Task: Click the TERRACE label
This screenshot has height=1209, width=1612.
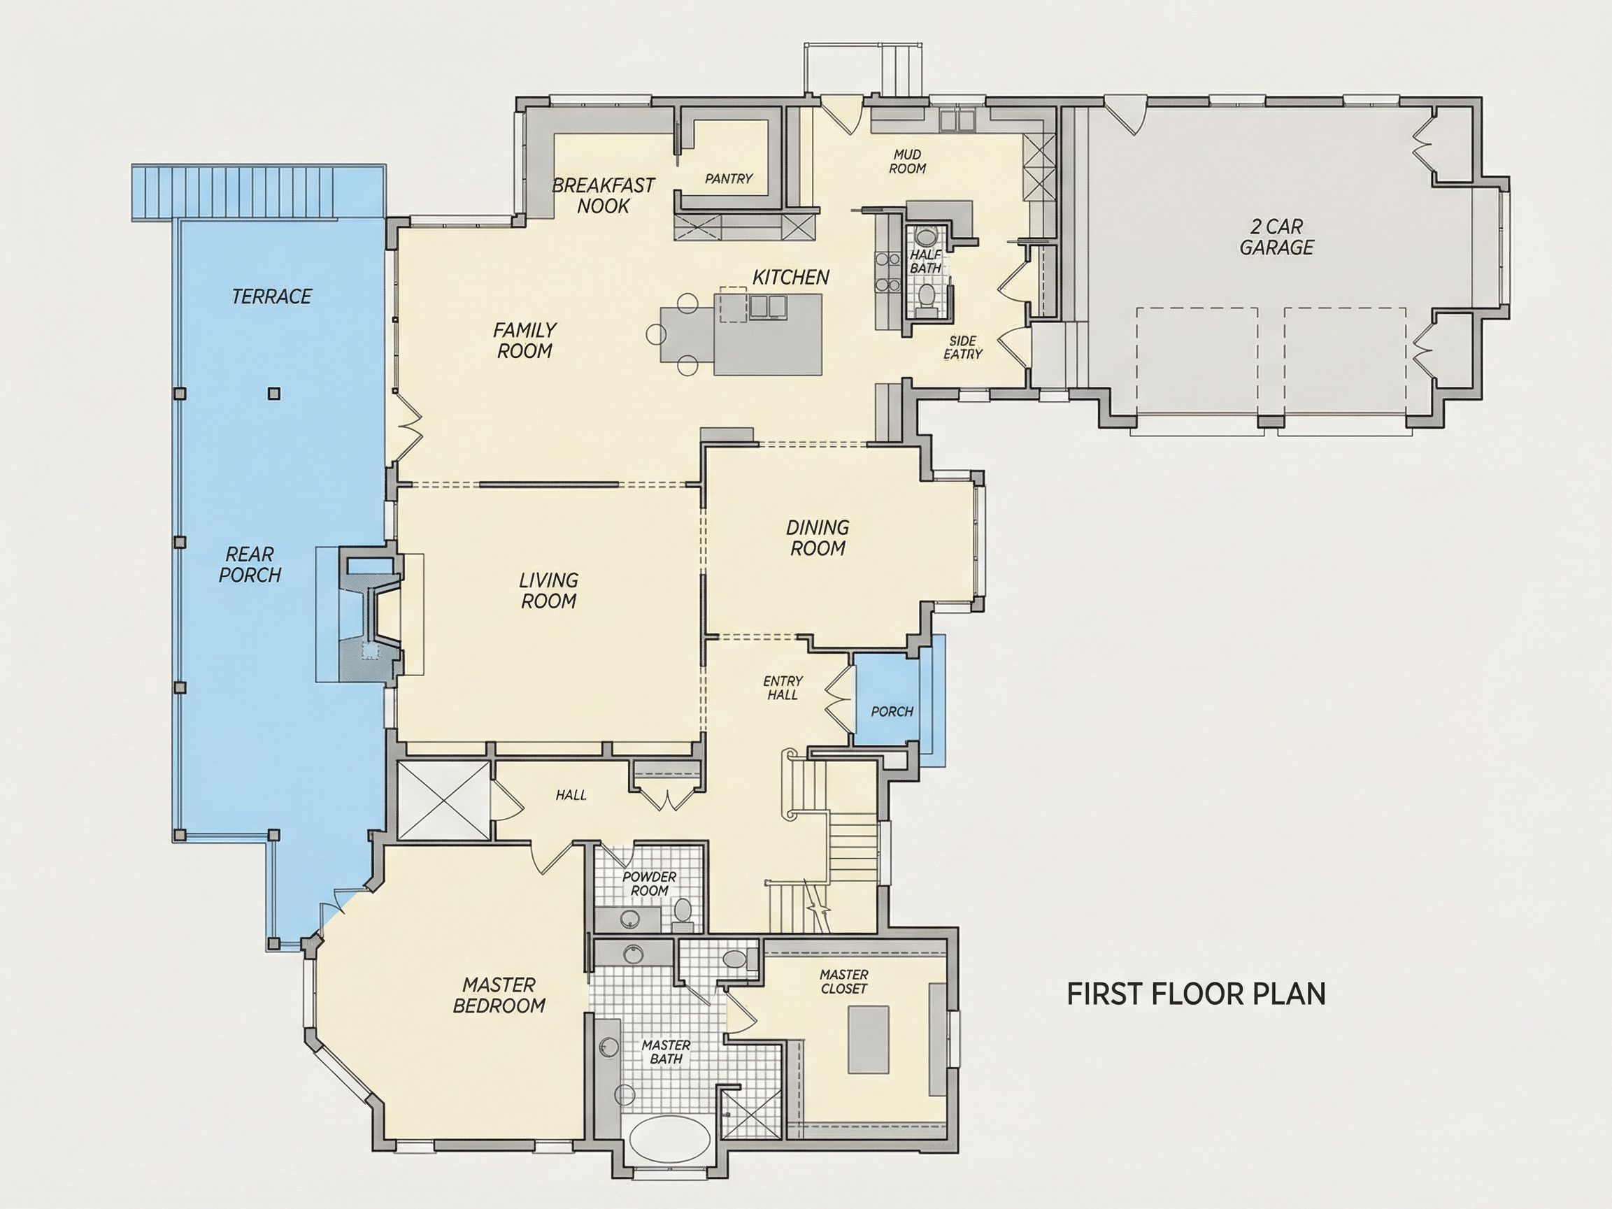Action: pyautogui.click(x=271, y=296)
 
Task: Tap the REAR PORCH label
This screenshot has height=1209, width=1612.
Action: pyautogui.click(x=250, y=565)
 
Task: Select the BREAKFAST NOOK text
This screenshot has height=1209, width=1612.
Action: pyautogui.click(x=604, y=195)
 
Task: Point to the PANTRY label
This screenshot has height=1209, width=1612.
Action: pyautogui.click(x=728, y=178)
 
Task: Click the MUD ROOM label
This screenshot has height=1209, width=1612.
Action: pyautogui.click(x=907, y=161)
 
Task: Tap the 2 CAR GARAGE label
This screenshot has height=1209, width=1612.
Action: pyautogui.click(x=1276, y=237)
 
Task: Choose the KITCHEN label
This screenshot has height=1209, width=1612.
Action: pyautogui.click(x=791, y=277)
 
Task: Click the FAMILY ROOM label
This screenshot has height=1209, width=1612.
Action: pyautogui.click(x=525, y=341)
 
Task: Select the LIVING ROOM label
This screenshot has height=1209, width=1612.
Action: pyautogui.click(x=548, y=590)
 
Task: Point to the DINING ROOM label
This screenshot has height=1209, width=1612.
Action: pyautogui.click(x=818, y=538)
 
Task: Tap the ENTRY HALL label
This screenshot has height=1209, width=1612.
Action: pyautogui.click(x=783, y=688)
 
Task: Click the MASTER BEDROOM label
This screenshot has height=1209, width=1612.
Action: pyautogui.click(x=499, y=996)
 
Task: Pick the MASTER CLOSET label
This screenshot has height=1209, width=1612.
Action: pyautogui.click(x=844, y=982)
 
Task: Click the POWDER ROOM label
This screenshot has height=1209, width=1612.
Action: pyautogui.click(x=648, y=884)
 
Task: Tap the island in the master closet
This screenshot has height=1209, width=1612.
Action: pyautogui.click(x=868, y=1039)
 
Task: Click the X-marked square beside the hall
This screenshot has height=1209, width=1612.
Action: pyautogui.click(x=443, y=799)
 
